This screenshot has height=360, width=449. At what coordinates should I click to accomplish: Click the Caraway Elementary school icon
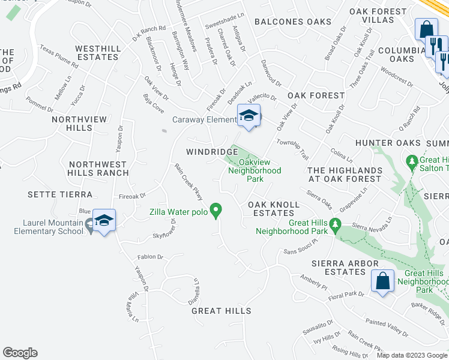[249, 116]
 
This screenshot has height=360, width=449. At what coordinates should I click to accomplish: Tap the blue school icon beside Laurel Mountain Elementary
[104, 221]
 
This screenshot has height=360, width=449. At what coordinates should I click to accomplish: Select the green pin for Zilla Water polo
[217, 211]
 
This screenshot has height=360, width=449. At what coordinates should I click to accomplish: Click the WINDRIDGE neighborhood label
[212, 152]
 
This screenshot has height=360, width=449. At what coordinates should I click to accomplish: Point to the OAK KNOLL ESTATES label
[274, 209]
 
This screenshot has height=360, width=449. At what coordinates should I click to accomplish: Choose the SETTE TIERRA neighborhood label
[60, 194]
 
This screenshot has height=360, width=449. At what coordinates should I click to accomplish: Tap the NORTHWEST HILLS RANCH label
[98, 169]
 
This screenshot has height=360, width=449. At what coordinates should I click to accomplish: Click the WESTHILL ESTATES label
[97, 52]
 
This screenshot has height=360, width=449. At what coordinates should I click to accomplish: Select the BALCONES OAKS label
[292, 22]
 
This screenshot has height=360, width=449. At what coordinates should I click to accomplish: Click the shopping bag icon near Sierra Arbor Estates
[382, 280]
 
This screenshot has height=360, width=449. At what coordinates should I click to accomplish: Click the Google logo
[20, 353]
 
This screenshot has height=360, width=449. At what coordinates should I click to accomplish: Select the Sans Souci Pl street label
[299, 250]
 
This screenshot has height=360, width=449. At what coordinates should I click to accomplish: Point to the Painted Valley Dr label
[386, 328]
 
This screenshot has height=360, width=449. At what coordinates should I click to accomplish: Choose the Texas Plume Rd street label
[59, 55]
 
